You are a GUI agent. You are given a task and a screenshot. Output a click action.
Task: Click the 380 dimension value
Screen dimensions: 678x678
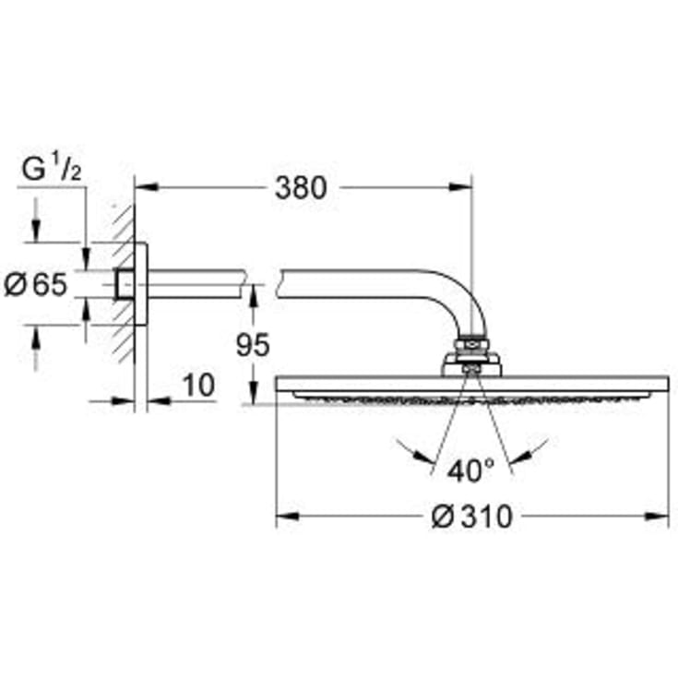click(301, 187)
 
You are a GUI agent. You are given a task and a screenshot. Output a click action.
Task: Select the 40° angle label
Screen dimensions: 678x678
click(470, 471)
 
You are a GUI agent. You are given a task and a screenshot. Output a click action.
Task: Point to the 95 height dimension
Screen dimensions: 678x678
click(252, 345)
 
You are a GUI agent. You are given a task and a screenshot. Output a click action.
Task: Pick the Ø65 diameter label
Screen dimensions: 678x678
click(36, 285)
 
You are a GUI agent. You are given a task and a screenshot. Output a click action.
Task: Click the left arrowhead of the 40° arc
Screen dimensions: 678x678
click(426, 458)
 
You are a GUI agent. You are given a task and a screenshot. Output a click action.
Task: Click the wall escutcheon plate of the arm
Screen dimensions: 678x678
click(141, 284)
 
